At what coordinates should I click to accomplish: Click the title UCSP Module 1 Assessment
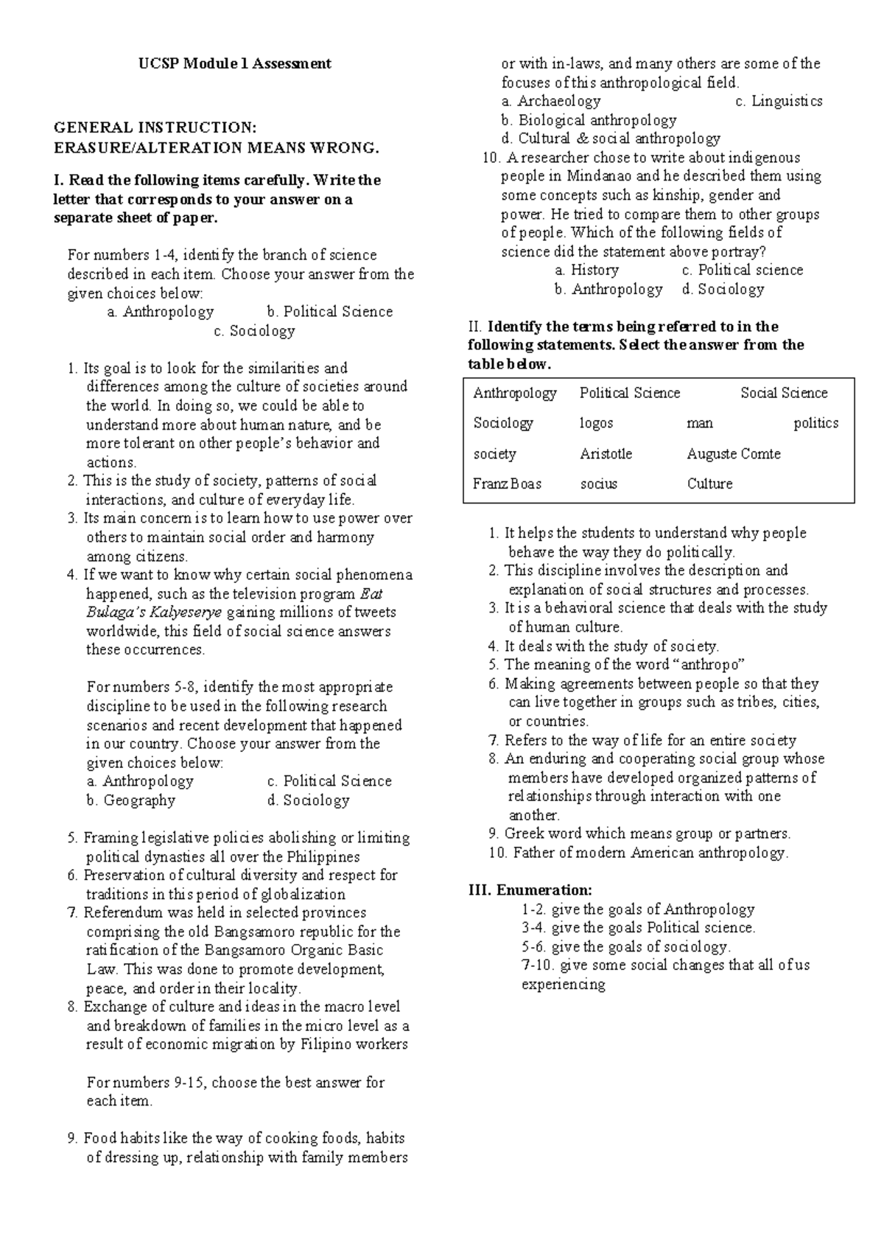click(234, 63)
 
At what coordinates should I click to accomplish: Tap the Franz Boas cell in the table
click(507, 484)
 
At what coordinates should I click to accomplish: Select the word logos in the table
click(596, 423)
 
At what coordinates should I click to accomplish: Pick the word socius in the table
click(598, 484)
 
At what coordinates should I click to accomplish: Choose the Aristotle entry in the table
click(606, 454)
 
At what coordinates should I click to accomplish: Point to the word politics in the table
click(815, 423)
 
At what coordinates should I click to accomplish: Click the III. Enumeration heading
click(530, 890)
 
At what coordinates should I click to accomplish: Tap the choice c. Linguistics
click(779, 102)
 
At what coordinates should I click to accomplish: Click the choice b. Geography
click(130, 800)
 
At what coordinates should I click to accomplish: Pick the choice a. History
click(586, 270)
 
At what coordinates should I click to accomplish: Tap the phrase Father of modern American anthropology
click(650, 853)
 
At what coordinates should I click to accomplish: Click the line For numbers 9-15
click(235, 1083)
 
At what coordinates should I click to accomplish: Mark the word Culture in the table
click(709, 484)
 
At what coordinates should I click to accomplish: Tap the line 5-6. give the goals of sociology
click(625, 947)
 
